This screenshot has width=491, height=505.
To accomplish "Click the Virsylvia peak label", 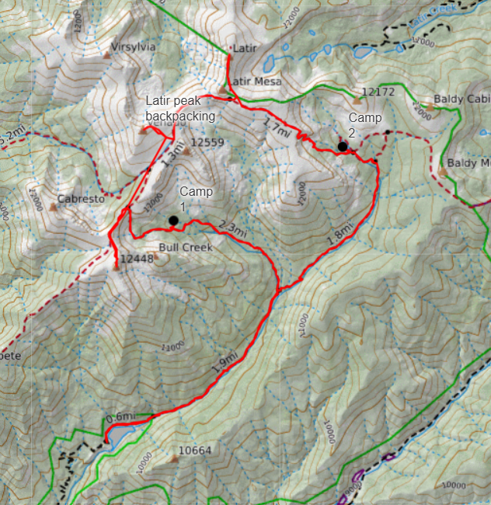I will coord(134,47).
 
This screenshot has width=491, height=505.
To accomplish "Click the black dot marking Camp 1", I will coord(173,221).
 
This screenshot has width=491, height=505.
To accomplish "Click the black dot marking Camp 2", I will coord(342,146).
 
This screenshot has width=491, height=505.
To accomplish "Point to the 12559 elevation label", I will coord(207,142).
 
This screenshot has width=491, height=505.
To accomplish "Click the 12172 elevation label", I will coord(379,92).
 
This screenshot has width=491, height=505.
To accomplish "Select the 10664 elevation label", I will coord(196,451).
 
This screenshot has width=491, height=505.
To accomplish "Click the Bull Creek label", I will coord(185,249).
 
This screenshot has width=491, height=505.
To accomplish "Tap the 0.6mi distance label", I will coord(120,417).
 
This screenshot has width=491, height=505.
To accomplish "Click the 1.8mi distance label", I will coord(340,234).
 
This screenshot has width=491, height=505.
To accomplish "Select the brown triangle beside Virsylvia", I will coord(107,55).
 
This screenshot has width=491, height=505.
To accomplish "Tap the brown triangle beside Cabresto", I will coord(54,207).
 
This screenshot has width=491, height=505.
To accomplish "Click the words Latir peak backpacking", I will coord(179,109).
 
